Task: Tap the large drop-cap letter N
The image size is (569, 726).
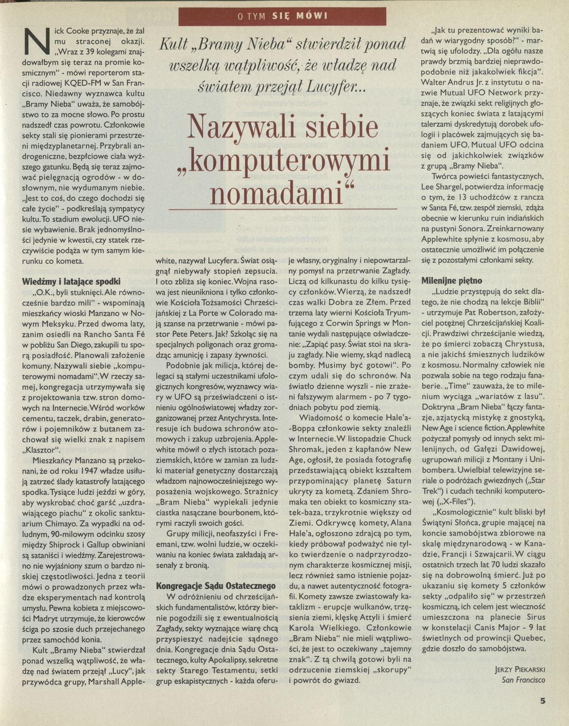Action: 37,40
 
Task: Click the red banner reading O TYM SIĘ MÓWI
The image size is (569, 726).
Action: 282,17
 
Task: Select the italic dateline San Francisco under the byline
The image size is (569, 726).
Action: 523,680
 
